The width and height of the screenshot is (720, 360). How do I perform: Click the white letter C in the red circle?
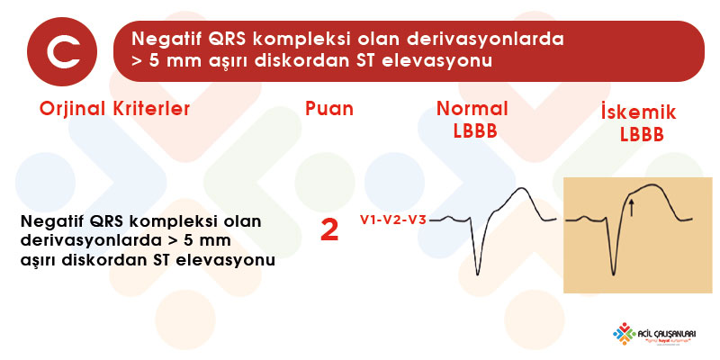pyautogui.click(x=62, y=52)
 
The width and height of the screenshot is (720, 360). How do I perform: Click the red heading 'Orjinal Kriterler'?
pyautogui.click(x=115, y=109)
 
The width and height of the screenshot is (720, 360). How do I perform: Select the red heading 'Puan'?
pyautogui.click(x=329, y=109)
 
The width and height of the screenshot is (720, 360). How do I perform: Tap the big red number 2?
pyautogui.click(x=329, y=230)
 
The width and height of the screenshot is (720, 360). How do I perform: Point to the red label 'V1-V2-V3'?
pyautogui.click(x=392, y=220)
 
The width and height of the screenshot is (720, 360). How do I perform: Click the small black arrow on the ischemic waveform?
pyautogui.click(x=632, y=207)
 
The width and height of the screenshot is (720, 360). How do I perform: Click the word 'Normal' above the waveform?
pyautogui.click(x=472, y=109)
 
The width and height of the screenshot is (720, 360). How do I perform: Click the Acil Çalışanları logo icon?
pyautogui.click(x=624, y=333)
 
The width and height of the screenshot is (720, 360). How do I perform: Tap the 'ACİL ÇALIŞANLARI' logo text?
pyautogui.click(x=667, y=333)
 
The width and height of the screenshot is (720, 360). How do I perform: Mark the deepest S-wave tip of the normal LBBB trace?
pyautogui.click(x=478, y=275)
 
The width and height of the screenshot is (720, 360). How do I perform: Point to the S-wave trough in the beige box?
pyautogui.click(x=614, y=275)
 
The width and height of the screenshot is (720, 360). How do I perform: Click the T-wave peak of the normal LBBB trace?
pyautogui.click(x=521, y=188)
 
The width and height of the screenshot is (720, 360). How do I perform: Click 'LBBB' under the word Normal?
pyautogui.click(x=475, y=131)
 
